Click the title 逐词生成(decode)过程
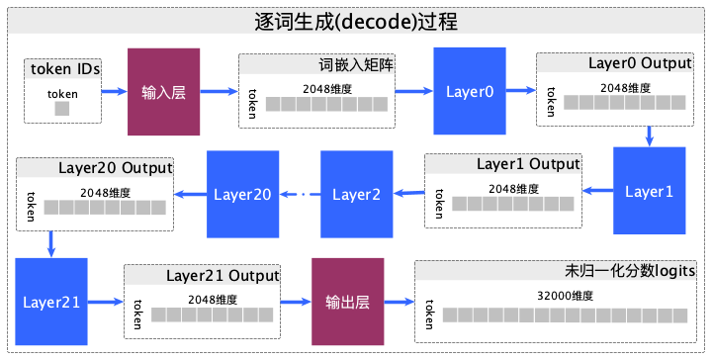click(356, 21)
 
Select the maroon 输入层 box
click(164, 92)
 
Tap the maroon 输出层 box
click(347, 300)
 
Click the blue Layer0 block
click(470, 92)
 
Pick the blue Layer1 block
click(649, 192)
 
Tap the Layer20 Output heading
click(116, 165)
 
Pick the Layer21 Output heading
click(222, 274)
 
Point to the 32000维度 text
click(567, 295)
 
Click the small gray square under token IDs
click(62, 109)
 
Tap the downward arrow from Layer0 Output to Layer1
click(649, 135)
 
